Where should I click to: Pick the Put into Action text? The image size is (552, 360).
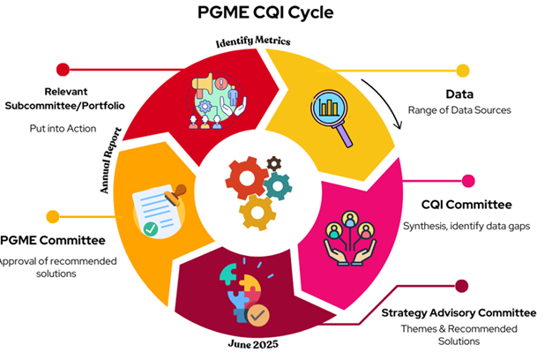[x=61, y=128]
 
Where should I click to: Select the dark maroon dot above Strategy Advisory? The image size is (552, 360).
[x=460, y=285]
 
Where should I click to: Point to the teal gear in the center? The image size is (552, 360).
[x=279, y=185]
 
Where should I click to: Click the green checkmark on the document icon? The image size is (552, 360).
[x=151, y=229]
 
